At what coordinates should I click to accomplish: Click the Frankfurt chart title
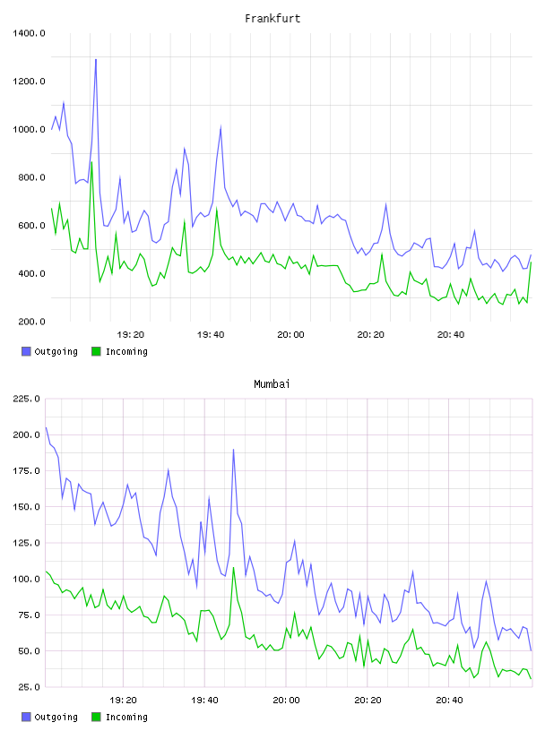coord(272,19)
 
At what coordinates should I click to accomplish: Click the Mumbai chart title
coord(272,384)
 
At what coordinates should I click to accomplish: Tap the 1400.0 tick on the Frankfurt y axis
coord(29,33)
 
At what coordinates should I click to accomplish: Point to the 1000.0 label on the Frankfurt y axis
coord(29,129)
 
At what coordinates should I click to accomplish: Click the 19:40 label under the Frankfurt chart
coord(211,335)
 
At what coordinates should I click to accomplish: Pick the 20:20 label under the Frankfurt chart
coord(370,335)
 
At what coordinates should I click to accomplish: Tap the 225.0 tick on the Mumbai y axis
coord(27,399)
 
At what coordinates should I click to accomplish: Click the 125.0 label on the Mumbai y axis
coord(27,543)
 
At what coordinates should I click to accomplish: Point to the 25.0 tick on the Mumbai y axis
coord(29,687)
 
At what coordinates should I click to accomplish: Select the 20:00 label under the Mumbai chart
coord(286,701)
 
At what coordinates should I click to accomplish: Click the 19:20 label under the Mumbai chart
coord(123,701)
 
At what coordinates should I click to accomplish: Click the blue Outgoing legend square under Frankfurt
coord(26,351)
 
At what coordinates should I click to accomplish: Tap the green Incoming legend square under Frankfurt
coord(96,351)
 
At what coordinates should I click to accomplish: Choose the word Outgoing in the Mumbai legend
coord(56,717)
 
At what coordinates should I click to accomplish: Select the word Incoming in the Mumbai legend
coord(126,717)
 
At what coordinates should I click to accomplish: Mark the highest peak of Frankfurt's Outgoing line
coord(96,60)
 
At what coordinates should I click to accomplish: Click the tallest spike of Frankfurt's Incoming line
coord(92,162)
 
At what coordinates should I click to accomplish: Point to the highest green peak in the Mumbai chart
coord(233,567)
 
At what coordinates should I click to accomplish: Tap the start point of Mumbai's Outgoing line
coord(46,427)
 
